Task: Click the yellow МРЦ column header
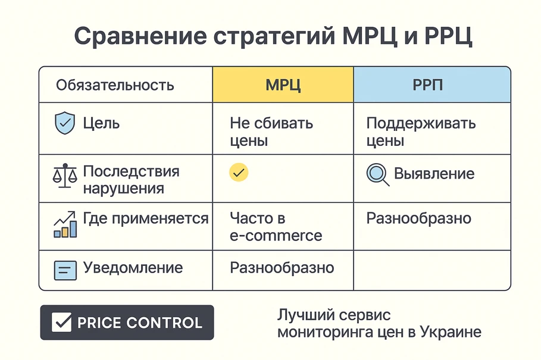point(283,84)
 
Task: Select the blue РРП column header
point(432,84)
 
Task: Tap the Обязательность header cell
point(126,84)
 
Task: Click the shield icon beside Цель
point(65,123)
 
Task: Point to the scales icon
point(64,176)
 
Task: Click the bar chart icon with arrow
point(65,224)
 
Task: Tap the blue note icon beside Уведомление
point(65,270)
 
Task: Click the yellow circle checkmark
point(239,172)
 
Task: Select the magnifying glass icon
point(377,174)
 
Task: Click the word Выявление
point(434,173)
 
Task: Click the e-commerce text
point(276,236)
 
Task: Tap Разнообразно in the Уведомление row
point(282,268)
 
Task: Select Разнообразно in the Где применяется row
point(418,218)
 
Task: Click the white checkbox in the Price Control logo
point(61,322)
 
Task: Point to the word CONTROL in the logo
point(164,323)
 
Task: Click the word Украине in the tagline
point(451,332)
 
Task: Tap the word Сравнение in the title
point(141,36)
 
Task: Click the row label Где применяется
point(146,218)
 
